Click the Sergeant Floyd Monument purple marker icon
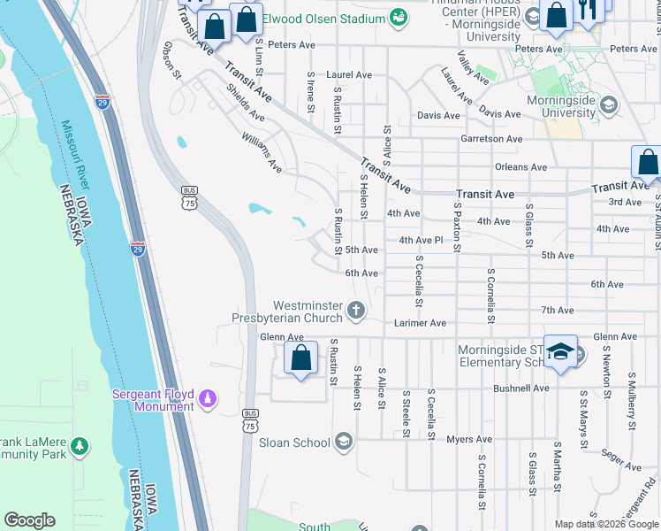[x=208, y=399]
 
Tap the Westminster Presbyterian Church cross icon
[x=356, y=310]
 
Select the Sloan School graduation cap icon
[x=343, y=442]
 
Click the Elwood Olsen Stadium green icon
[x=399, y=19]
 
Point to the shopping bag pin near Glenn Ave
[x=300, y=358]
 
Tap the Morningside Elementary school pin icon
[x=560, y=352]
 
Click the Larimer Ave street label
[x=420, y=323]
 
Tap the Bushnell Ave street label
[x=521, y=388]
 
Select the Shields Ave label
[x=245, y=103]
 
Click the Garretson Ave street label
[x=491, y=139]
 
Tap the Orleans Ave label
[x=520, y=166]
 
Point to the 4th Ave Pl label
[x=420, y=240]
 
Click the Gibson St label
[x=171, y=59]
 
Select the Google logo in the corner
[x=29, y=520]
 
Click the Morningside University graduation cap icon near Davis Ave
[x=608, y=105]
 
